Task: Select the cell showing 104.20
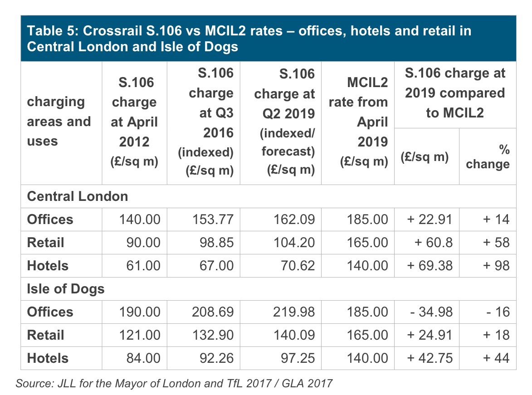293,243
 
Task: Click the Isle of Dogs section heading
66,289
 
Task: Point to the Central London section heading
78,196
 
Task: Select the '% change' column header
488,157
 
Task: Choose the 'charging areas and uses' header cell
59,122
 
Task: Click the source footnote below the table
174,383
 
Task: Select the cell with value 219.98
293,312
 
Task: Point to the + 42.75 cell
430,358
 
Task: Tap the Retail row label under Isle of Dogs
45,335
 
